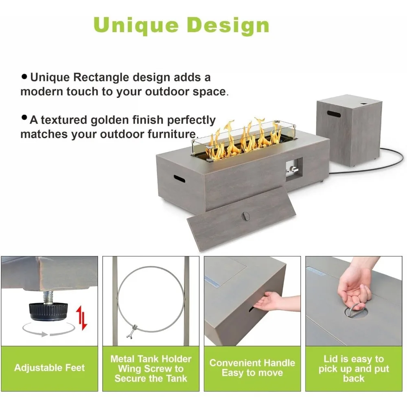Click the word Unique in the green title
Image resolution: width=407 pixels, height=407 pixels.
(x=136, y=26)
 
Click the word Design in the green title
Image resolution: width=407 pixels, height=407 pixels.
(x=228, y=26)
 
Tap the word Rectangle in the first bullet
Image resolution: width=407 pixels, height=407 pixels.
(x=101, y=77)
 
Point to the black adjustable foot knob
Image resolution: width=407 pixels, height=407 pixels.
(x=48, y=311)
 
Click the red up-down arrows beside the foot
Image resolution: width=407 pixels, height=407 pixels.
(x=82, y=318)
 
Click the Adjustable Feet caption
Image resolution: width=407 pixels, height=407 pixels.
(x=50, y=368)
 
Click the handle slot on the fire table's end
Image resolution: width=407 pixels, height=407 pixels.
(x=179, y=179)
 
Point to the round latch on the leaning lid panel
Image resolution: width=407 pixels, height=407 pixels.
(x=245, y=216)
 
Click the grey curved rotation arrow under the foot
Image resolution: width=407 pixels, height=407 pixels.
(x=48, y=330)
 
